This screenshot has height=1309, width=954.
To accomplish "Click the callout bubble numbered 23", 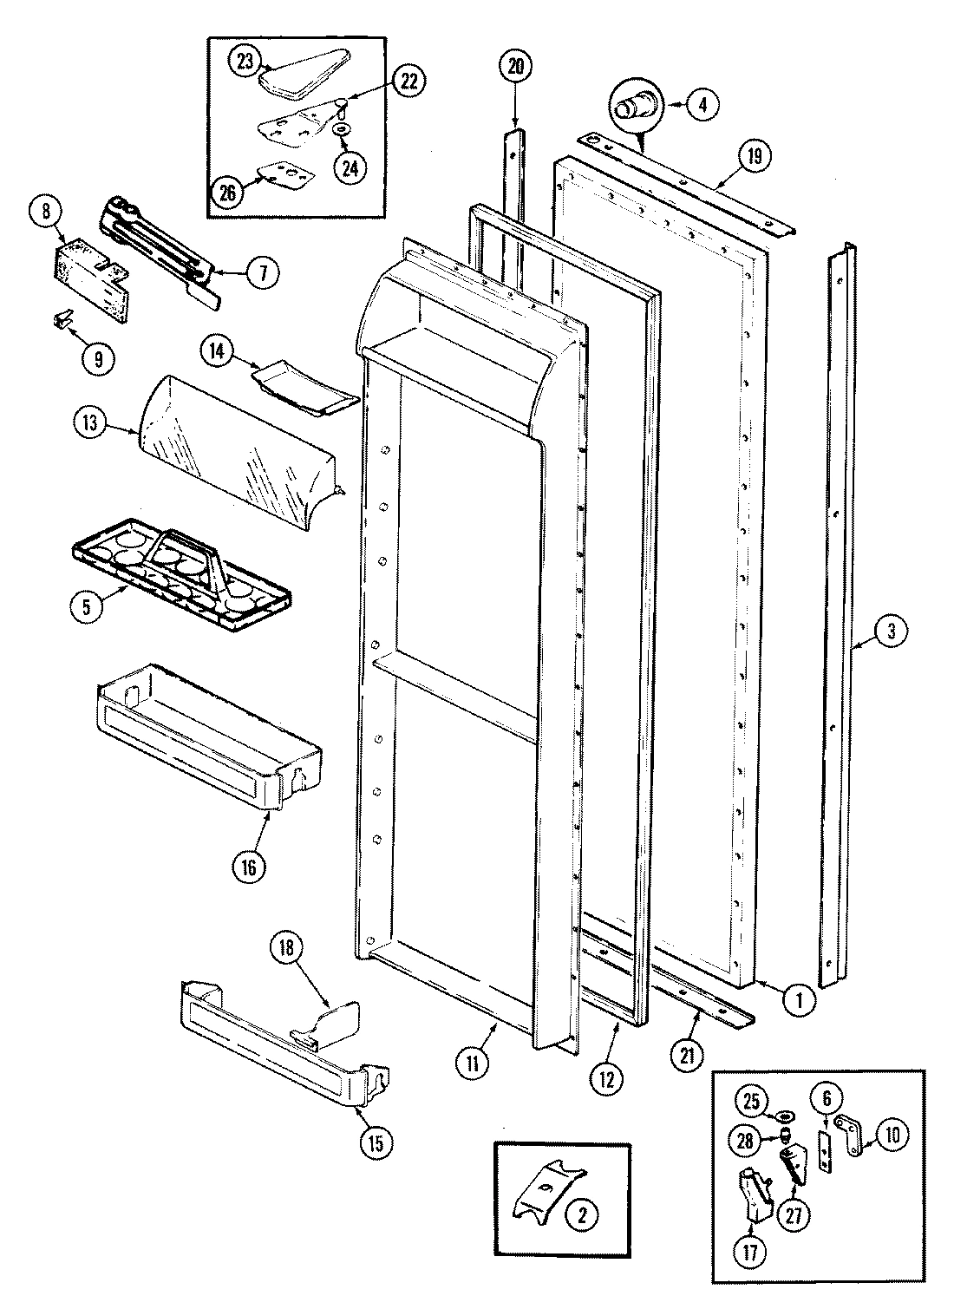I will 245,61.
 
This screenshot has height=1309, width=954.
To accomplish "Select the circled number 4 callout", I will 702,105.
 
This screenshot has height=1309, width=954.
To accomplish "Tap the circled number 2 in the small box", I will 581,1216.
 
